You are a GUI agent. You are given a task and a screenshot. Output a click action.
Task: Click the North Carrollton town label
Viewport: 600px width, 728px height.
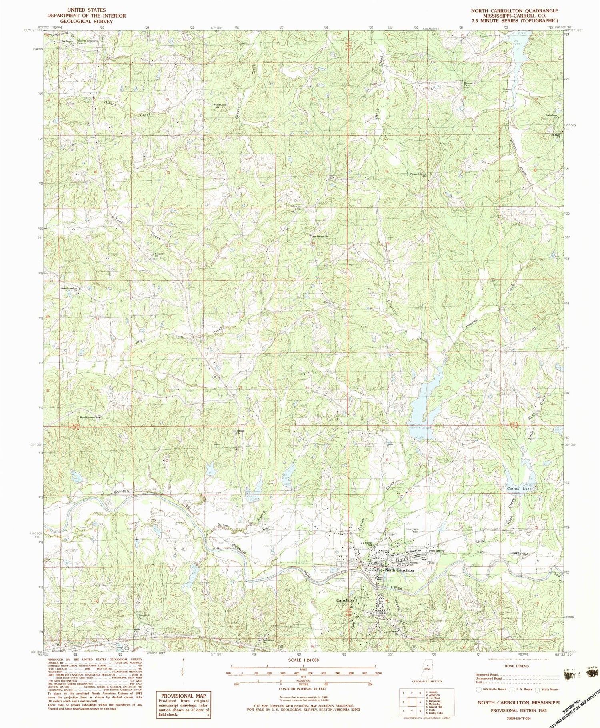point(399,570)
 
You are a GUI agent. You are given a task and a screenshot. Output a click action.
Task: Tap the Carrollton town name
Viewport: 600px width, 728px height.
point(344,600)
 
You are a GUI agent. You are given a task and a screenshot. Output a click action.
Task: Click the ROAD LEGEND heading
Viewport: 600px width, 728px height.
point(517,666)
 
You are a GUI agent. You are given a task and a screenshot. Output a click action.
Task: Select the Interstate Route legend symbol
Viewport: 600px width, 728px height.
point(479,689)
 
